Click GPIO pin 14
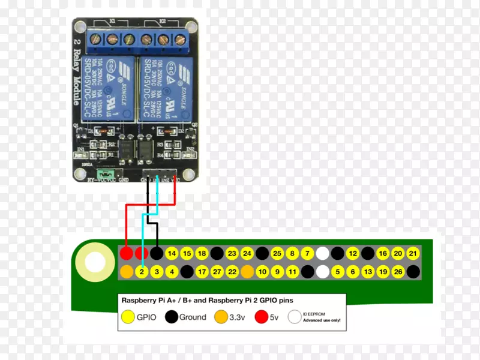(x=172, y=253)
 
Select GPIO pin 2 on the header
(x=142, y=272)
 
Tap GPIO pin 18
(x=202, y=253)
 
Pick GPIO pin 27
(x=217, y=272)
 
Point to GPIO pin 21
(x=413, y=253)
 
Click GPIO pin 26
(x=397, y=272)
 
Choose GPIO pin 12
(x=352, y=253)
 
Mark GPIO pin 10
(x=262, y=272)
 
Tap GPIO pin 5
(x=337, y=272)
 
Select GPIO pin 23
(x=232, y=253)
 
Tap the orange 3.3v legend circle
(x=221, y=317)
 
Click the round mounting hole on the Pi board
(x=95, y=262)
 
